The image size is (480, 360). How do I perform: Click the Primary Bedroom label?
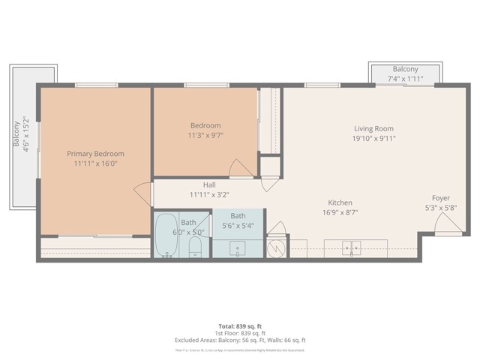coord(94,153)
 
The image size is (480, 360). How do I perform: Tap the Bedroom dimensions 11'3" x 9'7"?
coord(205,136)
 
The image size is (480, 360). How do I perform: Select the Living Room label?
coord(373,128)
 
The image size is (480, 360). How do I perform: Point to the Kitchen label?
coord(340,202)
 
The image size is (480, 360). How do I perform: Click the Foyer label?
coord(441,198)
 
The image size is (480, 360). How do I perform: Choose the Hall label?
coord(209,184)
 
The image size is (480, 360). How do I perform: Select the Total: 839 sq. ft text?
coord(240,325)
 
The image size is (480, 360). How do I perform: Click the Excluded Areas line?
coord(240,340)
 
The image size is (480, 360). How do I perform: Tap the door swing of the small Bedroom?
coord(241,169)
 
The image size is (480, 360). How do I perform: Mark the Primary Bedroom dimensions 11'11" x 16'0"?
coord(94,163)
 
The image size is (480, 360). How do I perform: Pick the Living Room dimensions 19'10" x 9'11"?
coord(373,138)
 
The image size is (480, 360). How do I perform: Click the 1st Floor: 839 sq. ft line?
coord(240,333)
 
